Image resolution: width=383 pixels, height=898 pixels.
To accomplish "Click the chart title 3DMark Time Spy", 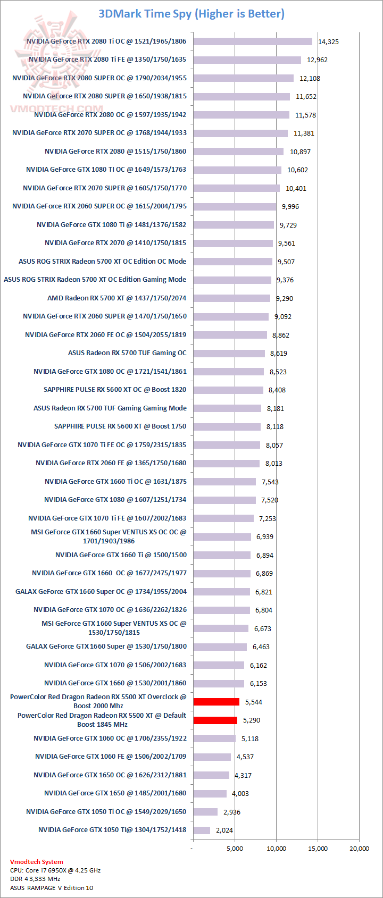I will pos(191,14).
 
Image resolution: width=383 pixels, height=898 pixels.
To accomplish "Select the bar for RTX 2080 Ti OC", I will pos(253,41).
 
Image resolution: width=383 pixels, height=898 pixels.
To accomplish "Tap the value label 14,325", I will pos(328,42).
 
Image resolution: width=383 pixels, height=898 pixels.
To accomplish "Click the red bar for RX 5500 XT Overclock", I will pos(217,702).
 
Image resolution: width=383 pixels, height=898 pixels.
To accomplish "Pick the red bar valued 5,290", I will pos(215,720).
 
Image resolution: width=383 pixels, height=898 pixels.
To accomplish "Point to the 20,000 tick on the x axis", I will pos(359,849).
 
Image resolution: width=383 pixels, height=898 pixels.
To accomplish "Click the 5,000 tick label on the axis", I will pos(235,849).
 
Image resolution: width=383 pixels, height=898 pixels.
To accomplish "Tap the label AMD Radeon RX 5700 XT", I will pos(116,298).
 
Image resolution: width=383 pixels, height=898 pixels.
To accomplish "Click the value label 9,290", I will pos(285,299).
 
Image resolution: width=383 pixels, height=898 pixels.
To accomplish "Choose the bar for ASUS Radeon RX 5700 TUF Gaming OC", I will pos(229,353).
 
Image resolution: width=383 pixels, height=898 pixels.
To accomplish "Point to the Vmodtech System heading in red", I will pos(36,862).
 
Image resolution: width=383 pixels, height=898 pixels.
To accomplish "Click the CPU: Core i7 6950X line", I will pos(55,870).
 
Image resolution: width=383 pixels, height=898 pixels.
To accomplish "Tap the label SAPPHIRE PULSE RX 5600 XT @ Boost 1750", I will pos(120,426).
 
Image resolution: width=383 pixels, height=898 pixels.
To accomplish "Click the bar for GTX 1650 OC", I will pos(211,775).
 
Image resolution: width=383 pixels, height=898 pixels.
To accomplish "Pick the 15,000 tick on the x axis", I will pos(318,849).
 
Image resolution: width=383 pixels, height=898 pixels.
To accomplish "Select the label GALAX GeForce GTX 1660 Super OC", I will pos(101,591).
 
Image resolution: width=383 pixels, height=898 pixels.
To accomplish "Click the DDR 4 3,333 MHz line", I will pos(35,879).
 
